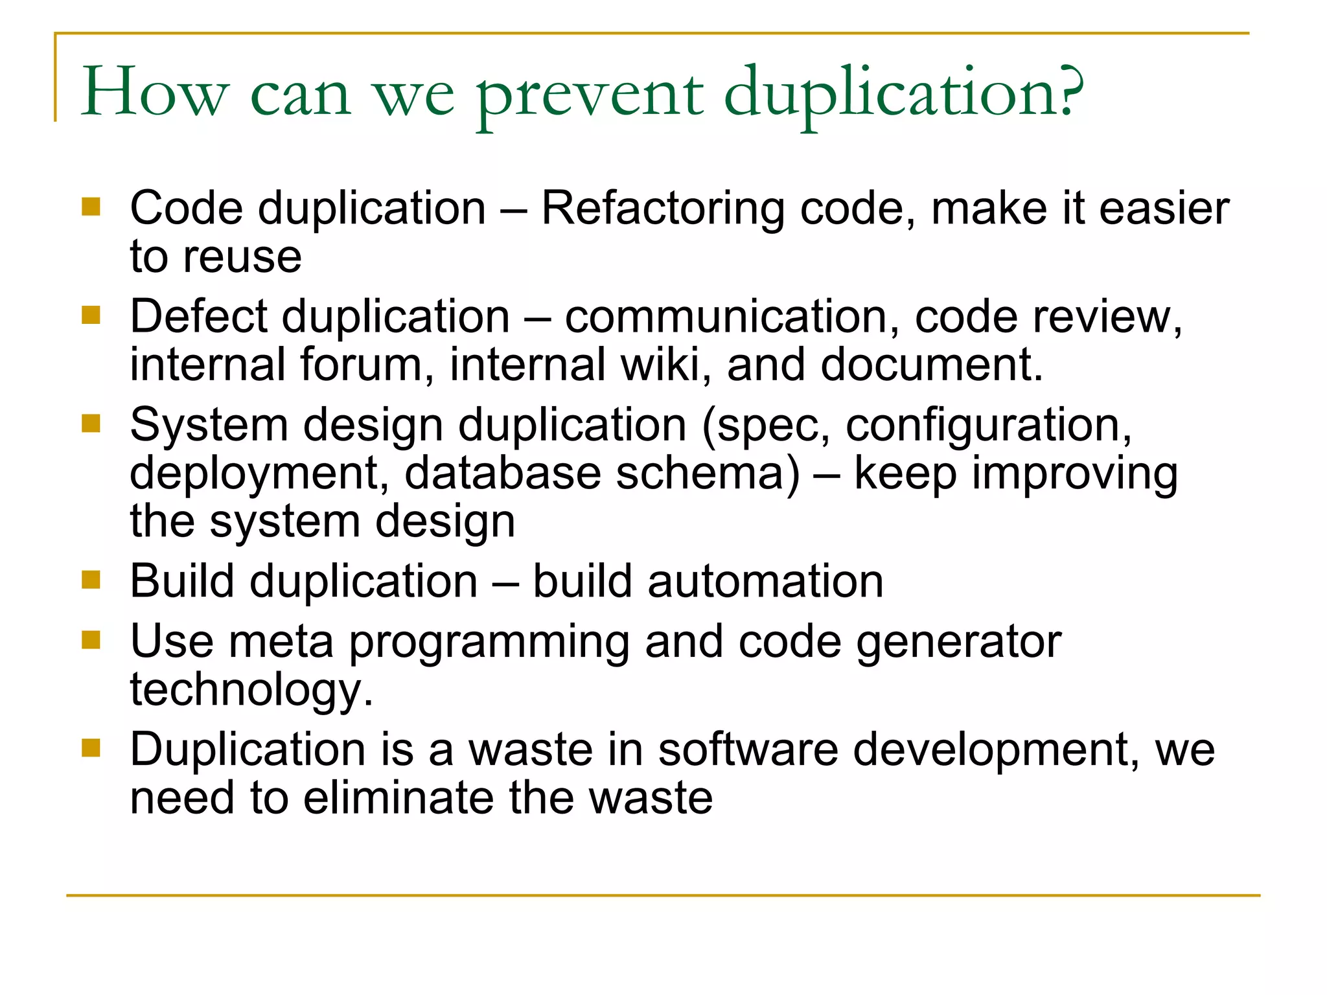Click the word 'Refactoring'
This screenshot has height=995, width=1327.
[662, 209]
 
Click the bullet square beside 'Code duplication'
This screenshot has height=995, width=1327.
[91, 207]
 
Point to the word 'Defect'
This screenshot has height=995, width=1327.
[198, 317]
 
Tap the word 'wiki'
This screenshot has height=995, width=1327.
[661, 364]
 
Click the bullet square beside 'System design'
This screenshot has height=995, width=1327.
[91, 424]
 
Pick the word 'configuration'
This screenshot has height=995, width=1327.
[987, 426]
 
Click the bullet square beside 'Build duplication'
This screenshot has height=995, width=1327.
[91, 579]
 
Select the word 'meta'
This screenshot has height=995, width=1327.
[281, 641]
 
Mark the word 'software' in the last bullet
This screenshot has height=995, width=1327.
[748, 749]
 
